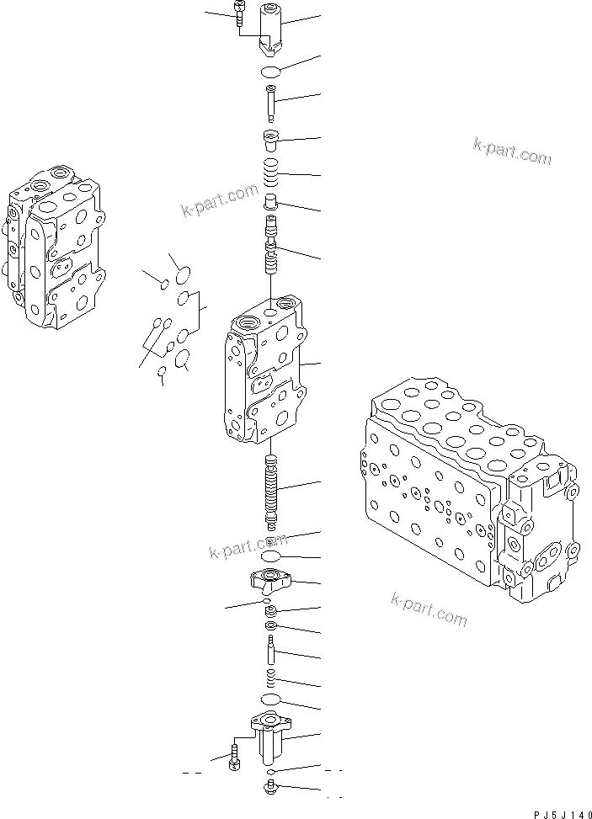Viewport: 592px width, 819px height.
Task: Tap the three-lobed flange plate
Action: pos(270,579)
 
